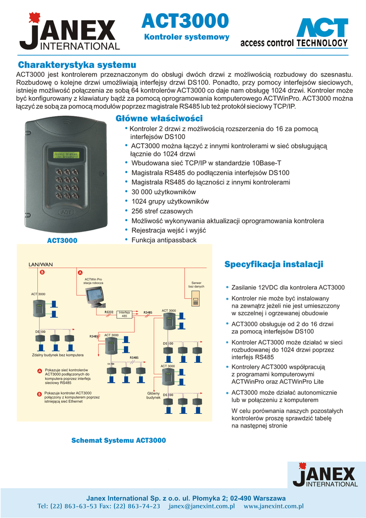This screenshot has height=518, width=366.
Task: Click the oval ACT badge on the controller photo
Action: (66, 213)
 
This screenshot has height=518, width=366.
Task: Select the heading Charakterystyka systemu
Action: (77, 65)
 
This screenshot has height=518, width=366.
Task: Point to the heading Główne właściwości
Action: (159, 118)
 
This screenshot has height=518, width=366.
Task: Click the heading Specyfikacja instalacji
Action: (273, 265)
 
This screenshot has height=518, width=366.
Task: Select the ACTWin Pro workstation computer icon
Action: (95, 296)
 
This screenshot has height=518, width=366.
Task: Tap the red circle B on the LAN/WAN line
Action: (42, 272)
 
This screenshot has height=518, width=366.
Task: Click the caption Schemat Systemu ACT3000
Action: (118, 441)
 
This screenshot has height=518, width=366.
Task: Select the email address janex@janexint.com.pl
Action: (202, 506)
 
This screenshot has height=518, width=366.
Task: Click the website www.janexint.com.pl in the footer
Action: (273, 506)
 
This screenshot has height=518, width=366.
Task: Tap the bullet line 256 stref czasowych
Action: (162, 211)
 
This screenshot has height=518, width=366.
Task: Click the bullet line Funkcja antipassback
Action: (163, 240)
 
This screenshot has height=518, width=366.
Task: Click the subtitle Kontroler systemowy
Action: (187, 37)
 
